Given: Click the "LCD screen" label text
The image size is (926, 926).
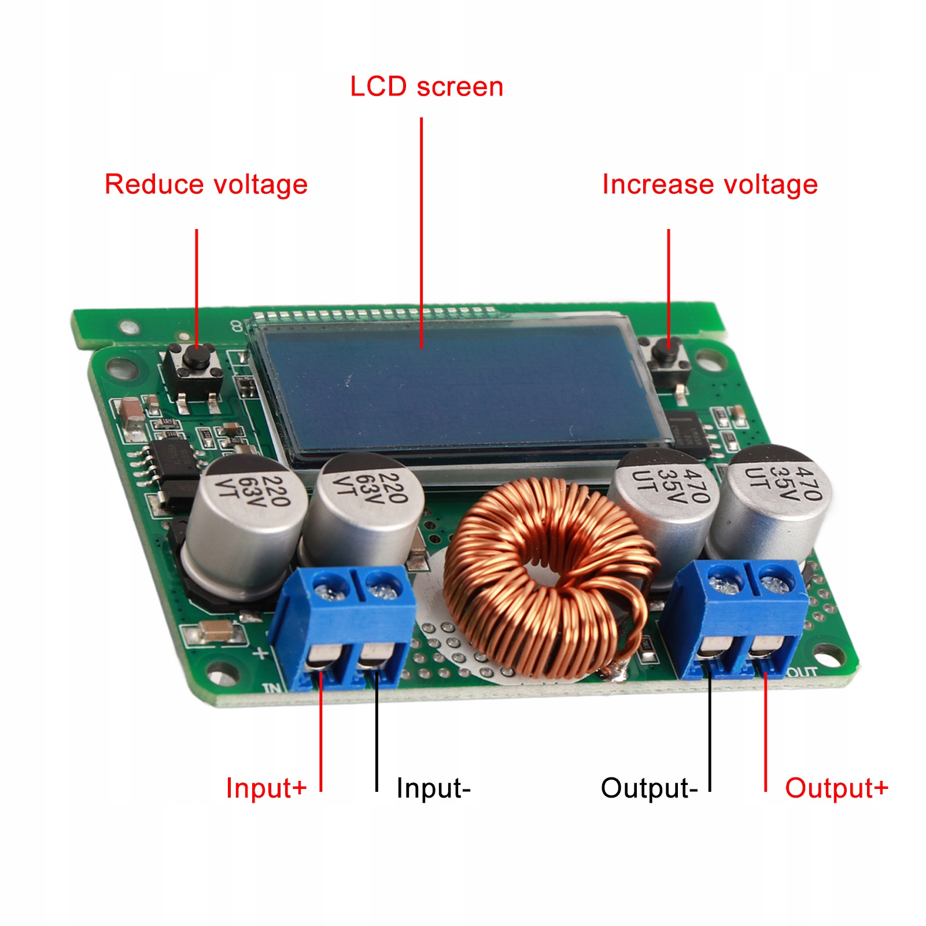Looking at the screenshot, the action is pos(426,87).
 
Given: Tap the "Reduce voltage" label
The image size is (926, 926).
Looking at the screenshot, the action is pos(206,185).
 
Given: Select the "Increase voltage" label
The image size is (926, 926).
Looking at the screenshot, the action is pos(710,185).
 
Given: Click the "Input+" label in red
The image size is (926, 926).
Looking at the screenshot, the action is pos(265,788).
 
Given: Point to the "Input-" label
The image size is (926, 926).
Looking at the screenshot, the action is pos(433,788).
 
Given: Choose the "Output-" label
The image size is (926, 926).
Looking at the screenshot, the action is pos(649,788).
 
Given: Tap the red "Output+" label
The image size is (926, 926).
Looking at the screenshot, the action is pos(836,788).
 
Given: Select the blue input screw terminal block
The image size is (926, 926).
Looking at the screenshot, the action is pos(344,625).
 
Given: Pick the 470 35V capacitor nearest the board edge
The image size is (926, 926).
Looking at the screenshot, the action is pos(772,503).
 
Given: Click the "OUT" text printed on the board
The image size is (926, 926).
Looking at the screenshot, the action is pos(802,672).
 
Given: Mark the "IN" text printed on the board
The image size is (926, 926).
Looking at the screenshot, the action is pos(272,688).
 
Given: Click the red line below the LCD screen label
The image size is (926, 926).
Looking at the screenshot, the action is pos(421,231).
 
